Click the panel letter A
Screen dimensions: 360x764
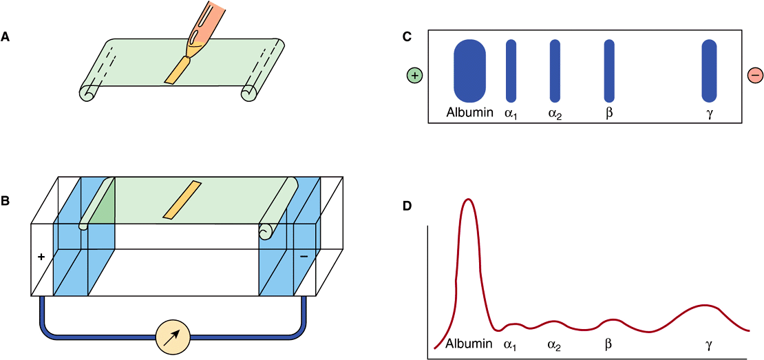click(x=6, y=38)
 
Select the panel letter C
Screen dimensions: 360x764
click(x=407, y=38)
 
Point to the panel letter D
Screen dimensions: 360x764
click(x=407, y=205)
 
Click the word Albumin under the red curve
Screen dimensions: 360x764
click(x=469, y=343)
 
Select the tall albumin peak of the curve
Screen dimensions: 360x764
click(x=469, y=201)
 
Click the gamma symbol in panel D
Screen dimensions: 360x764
click(x=709, y=343)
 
